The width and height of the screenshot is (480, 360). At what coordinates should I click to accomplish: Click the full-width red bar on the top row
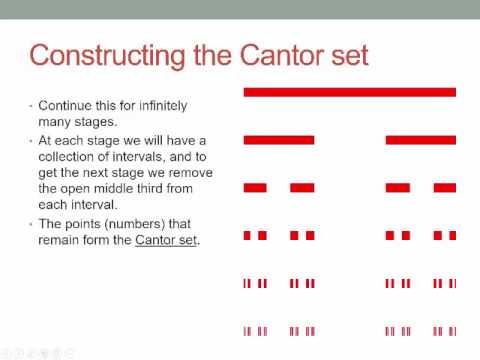(x=350, y=92)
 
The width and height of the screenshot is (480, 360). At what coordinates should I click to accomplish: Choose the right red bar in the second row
(x=421, y=139)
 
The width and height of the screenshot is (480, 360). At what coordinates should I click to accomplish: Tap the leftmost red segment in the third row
(x=255, y=187)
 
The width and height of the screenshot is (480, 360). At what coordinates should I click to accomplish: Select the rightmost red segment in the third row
(x=444, y=187)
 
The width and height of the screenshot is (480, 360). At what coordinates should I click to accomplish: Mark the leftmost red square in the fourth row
(x=247, y=236)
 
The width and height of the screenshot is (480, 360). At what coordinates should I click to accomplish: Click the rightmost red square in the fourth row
(x=452, y=236)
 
